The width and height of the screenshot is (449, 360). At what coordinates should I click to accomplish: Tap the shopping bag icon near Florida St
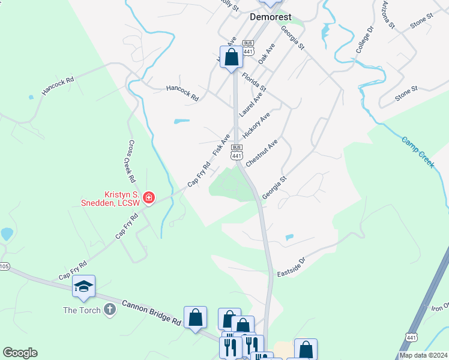(232, 58)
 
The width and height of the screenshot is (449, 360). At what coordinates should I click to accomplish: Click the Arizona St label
(387, 15)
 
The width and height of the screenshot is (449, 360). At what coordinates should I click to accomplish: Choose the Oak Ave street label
(267, 54)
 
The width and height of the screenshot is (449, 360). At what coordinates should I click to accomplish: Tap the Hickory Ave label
(256, 124)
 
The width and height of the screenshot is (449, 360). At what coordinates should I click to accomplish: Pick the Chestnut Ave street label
(261, 155)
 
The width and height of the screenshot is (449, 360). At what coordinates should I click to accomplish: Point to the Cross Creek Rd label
(130, 161)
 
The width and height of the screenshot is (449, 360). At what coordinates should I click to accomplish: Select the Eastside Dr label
(291, 267)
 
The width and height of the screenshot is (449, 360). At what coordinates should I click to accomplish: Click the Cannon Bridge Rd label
(151, 313)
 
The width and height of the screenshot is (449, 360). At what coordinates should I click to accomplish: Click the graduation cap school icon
(83, 287)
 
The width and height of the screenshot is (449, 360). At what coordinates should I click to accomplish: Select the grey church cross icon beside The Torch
(109, 310)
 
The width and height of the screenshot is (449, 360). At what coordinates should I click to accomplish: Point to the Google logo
(20, 353)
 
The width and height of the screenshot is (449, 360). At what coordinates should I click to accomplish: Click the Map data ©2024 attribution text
(423, 355)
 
